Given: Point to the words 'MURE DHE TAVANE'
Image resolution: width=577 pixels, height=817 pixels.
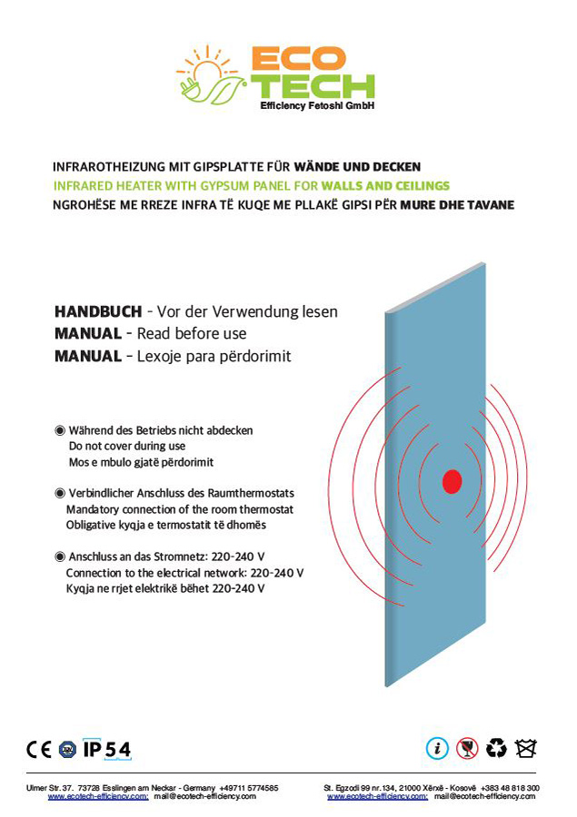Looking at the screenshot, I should click(457, 204).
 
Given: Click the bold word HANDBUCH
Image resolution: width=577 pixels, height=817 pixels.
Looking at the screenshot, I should click(98, 311).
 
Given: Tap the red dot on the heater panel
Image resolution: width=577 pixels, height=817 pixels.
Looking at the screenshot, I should click(452, 481).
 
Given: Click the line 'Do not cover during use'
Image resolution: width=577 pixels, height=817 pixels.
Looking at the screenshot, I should click(127, 446).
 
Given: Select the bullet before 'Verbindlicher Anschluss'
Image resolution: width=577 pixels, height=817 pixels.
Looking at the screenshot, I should click(60, 493).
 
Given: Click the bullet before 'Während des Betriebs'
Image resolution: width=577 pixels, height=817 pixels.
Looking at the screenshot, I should click(60, 429).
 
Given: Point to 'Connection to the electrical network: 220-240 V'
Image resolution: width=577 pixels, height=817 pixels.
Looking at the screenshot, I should click(184, 573).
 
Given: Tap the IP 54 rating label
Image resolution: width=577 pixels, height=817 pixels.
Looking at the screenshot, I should click(107, 749).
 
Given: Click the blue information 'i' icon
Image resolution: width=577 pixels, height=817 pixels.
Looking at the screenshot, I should click(438, 748).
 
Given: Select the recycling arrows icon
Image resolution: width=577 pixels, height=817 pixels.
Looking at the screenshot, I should click(496, 748).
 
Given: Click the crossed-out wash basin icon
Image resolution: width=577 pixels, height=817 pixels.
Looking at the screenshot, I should click(525, 748).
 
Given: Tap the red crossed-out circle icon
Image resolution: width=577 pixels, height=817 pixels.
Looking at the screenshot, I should click(467, 748).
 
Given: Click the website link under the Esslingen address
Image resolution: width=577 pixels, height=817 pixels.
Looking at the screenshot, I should click(98, 796).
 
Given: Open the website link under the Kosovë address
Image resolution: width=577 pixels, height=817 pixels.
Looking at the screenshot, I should click(377, 796).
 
